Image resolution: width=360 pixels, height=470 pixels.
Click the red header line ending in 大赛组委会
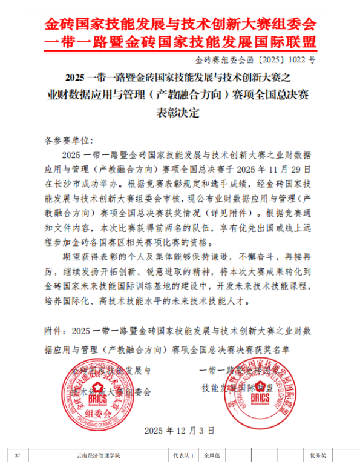click(x=180, y=25)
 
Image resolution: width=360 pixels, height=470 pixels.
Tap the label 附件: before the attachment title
click(x=56, y=331)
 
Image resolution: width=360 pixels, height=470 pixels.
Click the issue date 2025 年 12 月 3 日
click(x=179, y=431)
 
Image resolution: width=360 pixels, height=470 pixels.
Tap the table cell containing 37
click(x=18, y=455)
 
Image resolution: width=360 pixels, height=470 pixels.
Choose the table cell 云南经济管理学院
click(x=99, y=455)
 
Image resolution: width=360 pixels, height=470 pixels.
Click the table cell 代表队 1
click(x=183, y=455)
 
